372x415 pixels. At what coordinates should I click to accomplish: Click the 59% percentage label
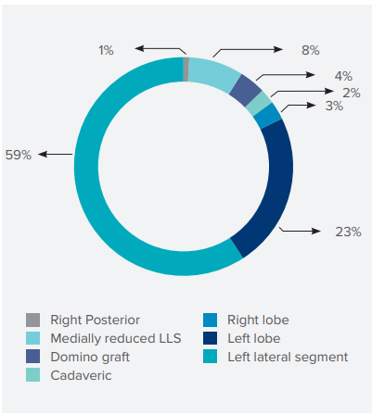point(19,155)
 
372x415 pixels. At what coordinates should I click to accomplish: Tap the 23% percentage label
point(348,232)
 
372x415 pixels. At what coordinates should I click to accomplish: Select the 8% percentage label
point(311,50)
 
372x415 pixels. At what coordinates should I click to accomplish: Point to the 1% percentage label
point(106,50)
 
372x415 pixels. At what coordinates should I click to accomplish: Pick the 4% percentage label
point(343,76)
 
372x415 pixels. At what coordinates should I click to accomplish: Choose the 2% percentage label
point(352,93)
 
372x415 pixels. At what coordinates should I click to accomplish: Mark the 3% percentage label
point(334,106)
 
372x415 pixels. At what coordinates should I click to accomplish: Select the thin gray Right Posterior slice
point(186,69)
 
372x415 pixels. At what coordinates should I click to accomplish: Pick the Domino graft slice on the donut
point(246,90)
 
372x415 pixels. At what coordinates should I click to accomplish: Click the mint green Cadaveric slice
point(259,104)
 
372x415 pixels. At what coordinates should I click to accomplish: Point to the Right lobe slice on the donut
point(268,116)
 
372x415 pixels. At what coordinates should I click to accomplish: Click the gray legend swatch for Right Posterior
point(32,320)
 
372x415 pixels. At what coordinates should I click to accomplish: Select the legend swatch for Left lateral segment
point(210,357)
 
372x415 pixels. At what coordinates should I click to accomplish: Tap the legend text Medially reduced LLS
point(116,338)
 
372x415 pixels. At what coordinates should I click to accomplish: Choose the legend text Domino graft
point(90,358)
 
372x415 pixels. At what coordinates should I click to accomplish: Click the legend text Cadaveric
point(81,375)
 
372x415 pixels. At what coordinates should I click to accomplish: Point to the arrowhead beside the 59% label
point(43,154)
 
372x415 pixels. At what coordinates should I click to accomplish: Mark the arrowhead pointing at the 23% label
point(316,231)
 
